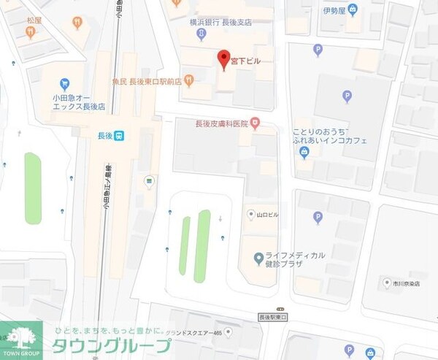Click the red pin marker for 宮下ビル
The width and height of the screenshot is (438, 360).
pos(225,58)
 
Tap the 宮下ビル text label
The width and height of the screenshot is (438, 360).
pos(246,61)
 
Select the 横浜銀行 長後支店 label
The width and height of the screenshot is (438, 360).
pos(221,22)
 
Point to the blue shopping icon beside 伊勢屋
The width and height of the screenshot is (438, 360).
pos(353,10)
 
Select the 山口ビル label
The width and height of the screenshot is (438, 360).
pos(269,215)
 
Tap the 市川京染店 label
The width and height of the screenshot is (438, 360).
pos(410,282)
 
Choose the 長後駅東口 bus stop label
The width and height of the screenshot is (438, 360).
pos(274,317)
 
